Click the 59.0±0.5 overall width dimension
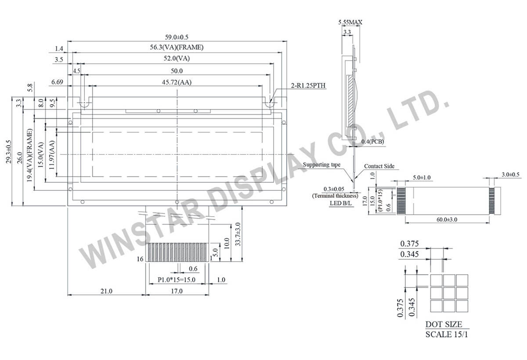click(177, 37)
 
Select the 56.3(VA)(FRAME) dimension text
click(177, 47)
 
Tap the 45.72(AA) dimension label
click(177, 82)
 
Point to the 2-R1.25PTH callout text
click(308, 85)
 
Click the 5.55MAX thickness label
click(350, 22)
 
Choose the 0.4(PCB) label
click(373, 142)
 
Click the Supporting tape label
click(321, 164)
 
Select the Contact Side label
click(379, 166)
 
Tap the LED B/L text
click(341, 203)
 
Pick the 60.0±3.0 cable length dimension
click(447, 219)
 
